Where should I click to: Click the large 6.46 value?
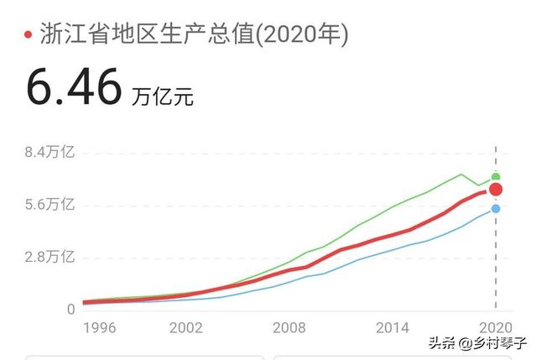(x=74, y=87)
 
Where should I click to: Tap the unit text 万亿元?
(x=163, y=97)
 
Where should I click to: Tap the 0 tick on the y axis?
(x=70, y=310)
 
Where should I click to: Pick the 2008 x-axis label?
(x=289, y=326)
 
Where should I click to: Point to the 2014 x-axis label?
(x=392, y=326)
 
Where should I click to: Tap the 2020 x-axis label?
(x=495, y=326)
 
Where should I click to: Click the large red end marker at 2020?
(x=496, y=189)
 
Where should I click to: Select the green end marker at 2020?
(x=496, y=176)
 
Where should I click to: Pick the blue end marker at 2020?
(x=496, y=209)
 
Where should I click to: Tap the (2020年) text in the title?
(x=301, y=34)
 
